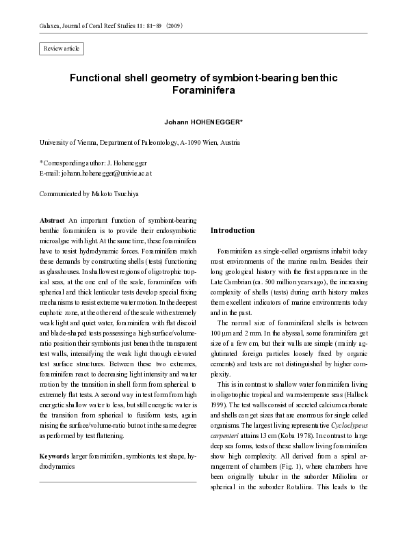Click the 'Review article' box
tap(62, 48)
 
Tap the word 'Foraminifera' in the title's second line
tap(203, 90)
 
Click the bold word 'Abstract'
tap(53, 222)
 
